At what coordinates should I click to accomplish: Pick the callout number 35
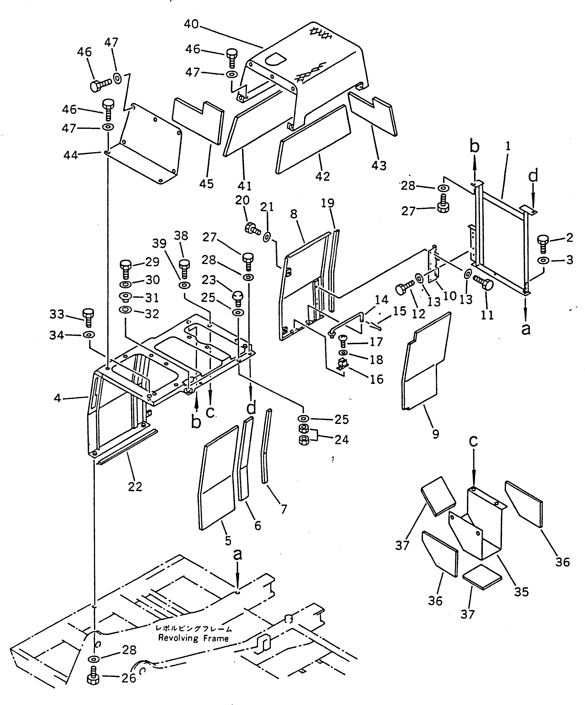[x=521, y=592]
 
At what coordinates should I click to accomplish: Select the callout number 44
[x=71, y=155]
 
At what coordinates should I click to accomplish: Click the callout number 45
[x=206, y=184]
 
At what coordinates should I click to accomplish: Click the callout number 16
[x=377, y=379]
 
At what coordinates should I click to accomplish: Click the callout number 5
[x=228, y=541]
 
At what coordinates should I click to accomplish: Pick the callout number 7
[x=284, y=509]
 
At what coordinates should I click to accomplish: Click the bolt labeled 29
[x=125, y=269]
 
